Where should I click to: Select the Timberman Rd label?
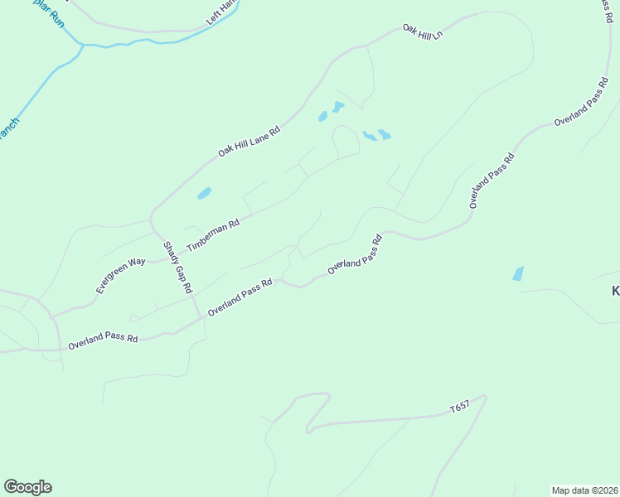pyautogui.click(x=213, y=235)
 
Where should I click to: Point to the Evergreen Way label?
pyautogui.click(x=120, y=274)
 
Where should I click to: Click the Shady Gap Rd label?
pyautogui.click(x=177, y=268)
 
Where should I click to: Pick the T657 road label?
pyautogui.click(x=460, y=408)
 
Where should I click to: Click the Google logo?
pyautogui.click(x=27, y=487)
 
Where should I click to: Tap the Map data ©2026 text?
pyautogui.click(x=584, y=490)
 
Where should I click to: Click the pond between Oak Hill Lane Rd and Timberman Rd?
pyautogui.click(x=204, y=194)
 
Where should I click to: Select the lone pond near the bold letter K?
pyautogui.click(x=518, y=273)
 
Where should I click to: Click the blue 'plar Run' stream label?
pyautogui.click(x=49, y=13)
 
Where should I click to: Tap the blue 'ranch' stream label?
pyautogui.click(x=8, y=129)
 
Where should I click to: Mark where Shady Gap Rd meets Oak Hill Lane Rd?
pyautogui.click(x=151, y=220)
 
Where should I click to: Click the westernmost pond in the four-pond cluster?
pyautogui.click(x=322, y=117)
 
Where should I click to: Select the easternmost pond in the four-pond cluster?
pyautogui.click(x=384, y=134)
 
